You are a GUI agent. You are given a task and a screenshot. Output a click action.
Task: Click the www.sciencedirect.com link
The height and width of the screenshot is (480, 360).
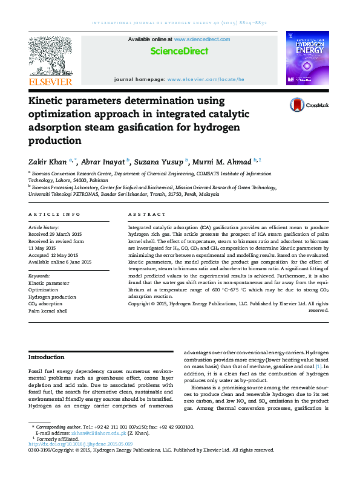pos(202,39)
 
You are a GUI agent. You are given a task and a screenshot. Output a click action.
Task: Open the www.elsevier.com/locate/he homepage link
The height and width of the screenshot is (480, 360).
pos(205,79)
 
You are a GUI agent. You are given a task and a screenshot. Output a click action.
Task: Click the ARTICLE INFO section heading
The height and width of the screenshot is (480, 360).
pos(54,215)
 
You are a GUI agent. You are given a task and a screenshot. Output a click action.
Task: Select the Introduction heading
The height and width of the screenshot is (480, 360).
pos(47,357)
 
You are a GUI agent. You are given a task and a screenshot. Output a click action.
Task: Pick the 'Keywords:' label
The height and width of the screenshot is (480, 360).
pos(39,276)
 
